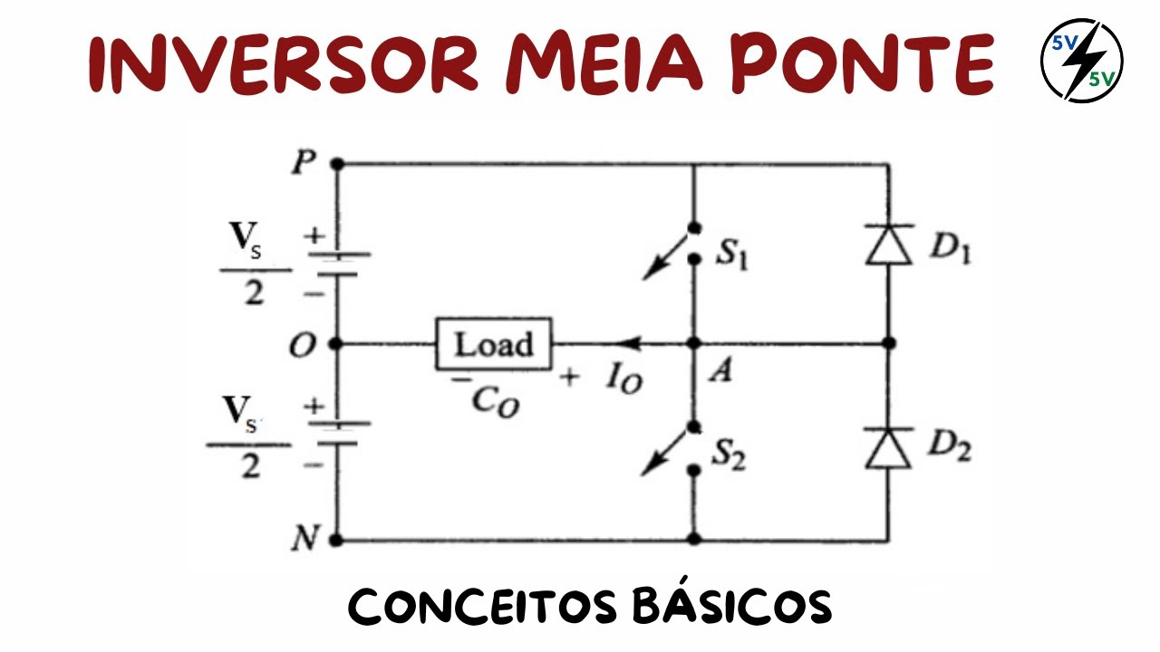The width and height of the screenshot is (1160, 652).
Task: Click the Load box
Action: click(494, 344)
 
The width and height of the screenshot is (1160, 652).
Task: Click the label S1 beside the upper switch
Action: click(731, 256)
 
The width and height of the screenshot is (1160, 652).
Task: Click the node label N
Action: click(303, 541)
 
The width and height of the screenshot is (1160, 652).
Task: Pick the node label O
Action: click(302, 345)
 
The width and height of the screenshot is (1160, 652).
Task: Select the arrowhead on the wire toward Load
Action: click(625, 344)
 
